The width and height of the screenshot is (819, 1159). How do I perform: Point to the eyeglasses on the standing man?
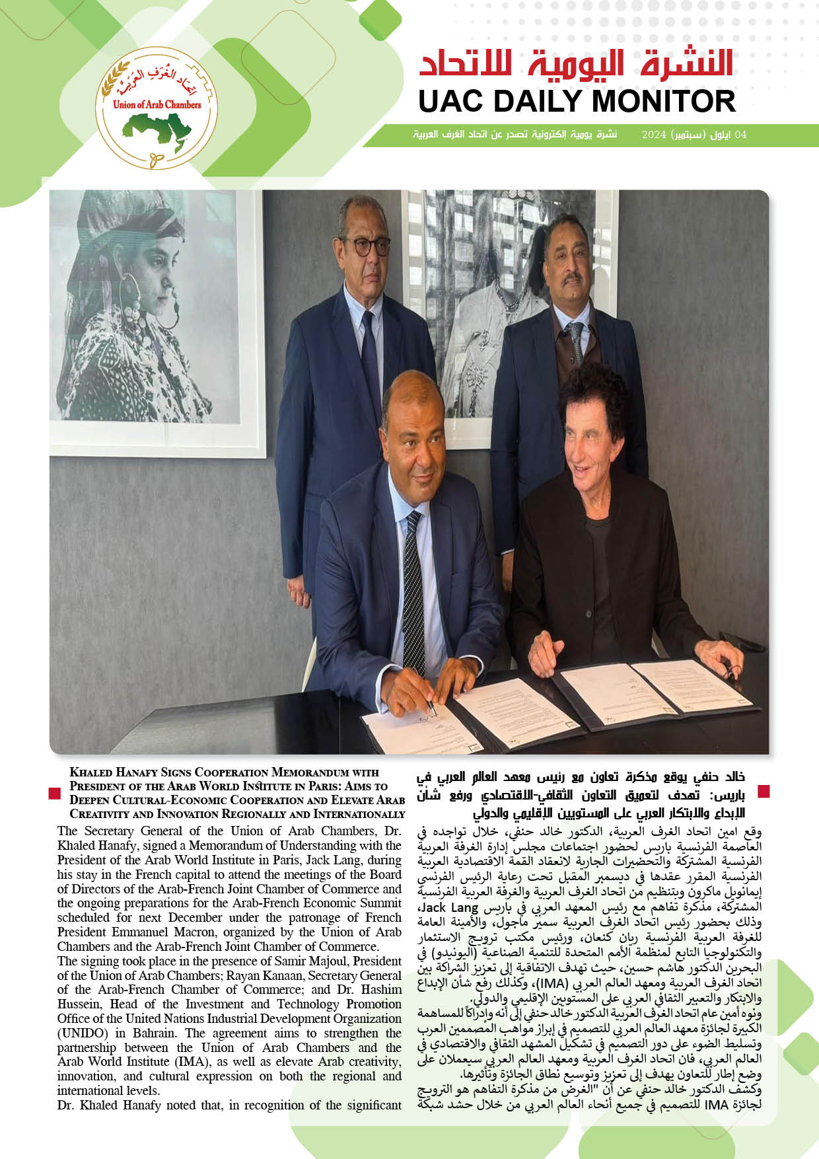(x=364, y=246)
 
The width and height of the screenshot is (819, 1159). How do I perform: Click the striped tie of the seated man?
(x=415, y=588)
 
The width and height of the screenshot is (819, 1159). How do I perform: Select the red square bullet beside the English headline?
(x=55, y=792)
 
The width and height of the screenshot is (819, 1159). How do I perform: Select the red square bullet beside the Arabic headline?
(x=764, y=791)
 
